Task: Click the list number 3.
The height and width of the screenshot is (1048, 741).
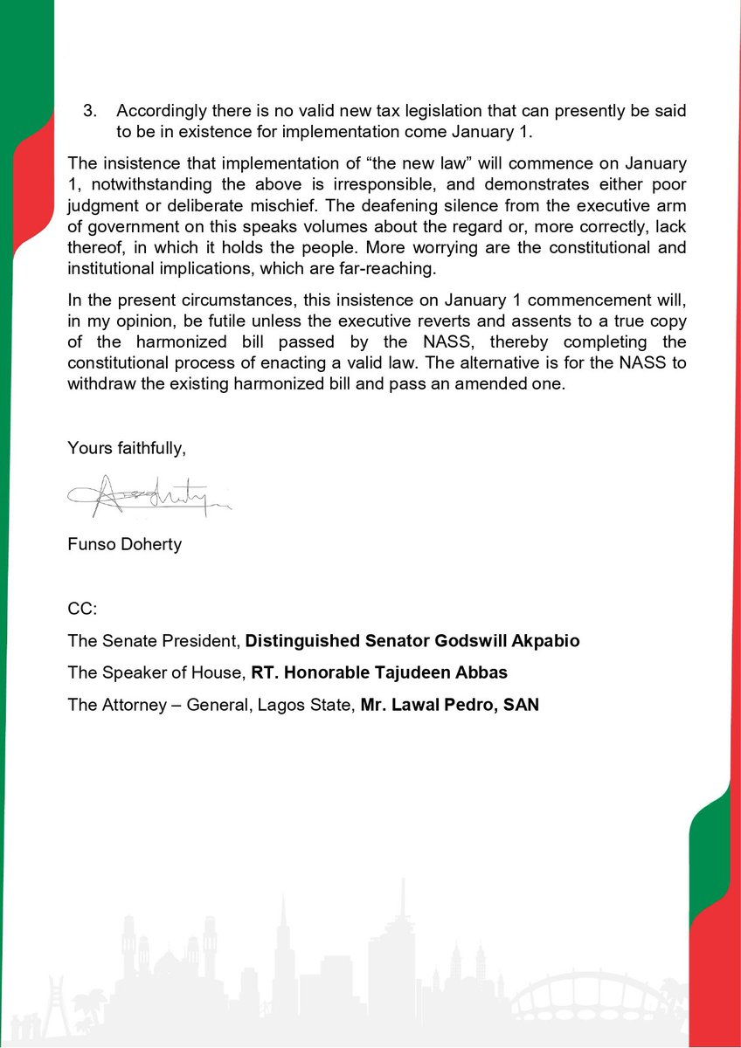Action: [x=88, y=112]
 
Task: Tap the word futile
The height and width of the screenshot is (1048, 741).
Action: [x=196, y=320]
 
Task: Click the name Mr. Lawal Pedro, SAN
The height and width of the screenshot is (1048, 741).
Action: [x=449, y=704]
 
